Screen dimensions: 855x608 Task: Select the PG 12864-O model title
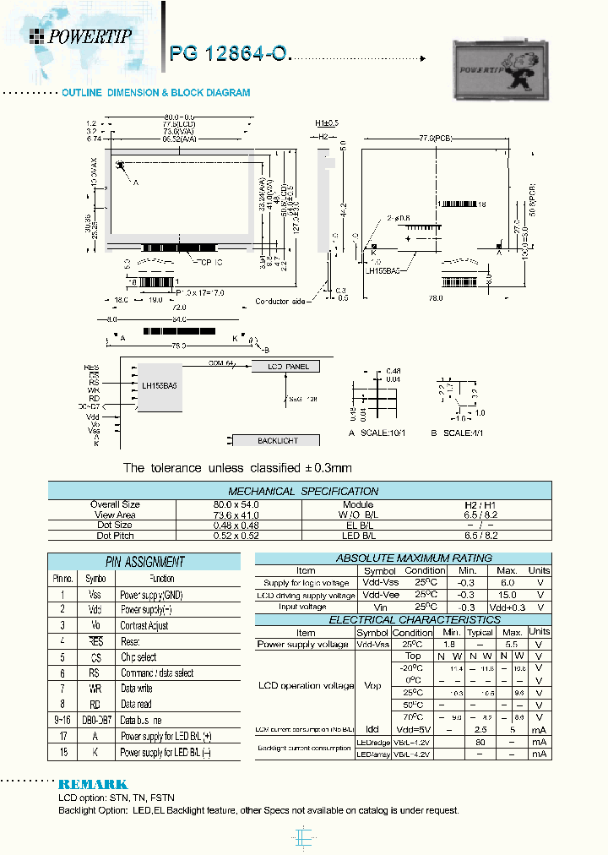(x=230, y=55)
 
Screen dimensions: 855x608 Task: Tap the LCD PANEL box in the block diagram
(x=288, y=367)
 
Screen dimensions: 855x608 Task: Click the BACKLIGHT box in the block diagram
(x=277, y=440)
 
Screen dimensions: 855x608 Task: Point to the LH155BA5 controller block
(x=160, y=385)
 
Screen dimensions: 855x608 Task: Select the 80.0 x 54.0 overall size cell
(x=238, y=504)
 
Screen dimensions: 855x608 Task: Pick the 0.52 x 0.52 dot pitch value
(x=238, y=536)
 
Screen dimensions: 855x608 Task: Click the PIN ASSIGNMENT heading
(x=144, y=561)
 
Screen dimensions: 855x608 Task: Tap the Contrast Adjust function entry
(x=144, y=625)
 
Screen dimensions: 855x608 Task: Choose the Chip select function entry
(x=138, y=656)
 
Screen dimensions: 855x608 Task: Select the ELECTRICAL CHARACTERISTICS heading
(x=403, y=619)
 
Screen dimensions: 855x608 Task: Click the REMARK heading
(x=92, y=784)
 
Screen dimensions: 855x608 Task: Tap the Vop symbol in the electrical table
(x=372, y=685)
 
